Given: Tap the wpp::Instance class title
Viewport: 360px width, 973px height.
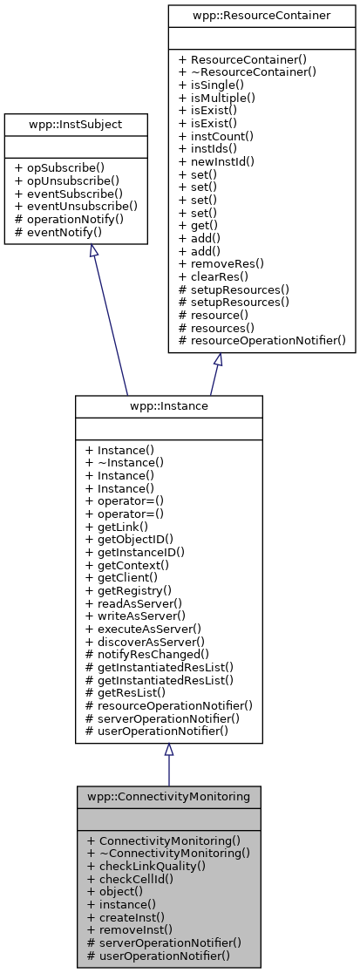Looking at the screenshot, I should pos(168,406).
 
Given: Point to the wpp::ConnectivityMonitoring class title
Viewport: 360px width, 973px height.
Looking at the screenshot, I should pos(168,797).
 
